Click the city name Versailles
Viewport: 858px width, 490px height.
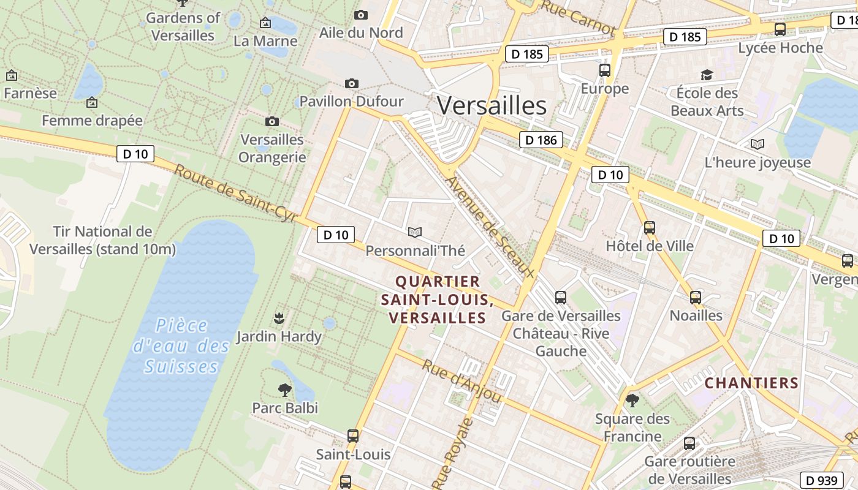pyautogui.click(x=492, y=106)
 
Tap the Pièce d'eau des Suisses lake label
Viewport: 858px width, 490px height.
pyautogui.click(x=181, y=346)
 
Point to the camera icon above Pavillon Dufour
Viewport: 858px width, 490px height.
pyautogui.click(x=352, y=83)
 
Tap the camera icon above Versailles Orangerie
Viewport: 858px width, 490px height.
pyautogui.click(x=272, y=122)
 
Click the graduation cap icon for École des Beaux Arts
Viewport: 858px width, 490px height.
pyautogui.click(x=707, y=75)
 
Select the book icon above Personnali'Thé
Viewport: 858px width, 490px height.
pyautogui.click(x=415, y=232)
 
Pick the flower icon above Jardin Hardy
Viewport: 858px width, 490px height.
pyautogui.click(x=279, y=318)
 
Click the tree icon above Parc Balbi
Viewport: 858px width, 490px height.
pyautogui.click(x=284, y=389)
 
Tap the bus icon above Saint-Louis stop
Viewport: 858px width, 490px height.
pyautogui.click(x=353, y=435)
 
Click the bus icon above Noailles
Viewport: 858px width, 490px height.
pyautogui.click(x=696, y=298)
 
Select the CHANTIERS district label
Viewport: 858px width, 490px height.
pyautogui.click(x=751, y=383)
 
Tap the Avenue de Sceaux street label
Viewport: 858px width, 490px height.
pyautogui.click(x=490, y=227)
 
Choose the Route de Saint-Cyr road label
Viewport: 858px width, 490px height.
pyautogui.click(x=235, y=194)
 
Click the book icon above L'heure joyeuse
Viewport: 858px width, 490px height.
pyautogui.click(x=757, y=145)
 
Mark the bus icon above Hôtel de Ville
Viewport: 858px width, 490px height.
pyautogui.click(x=650, y=228)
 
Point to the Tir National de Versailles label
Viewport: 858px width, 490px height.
pyautogui.click(x=102, y=240)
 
